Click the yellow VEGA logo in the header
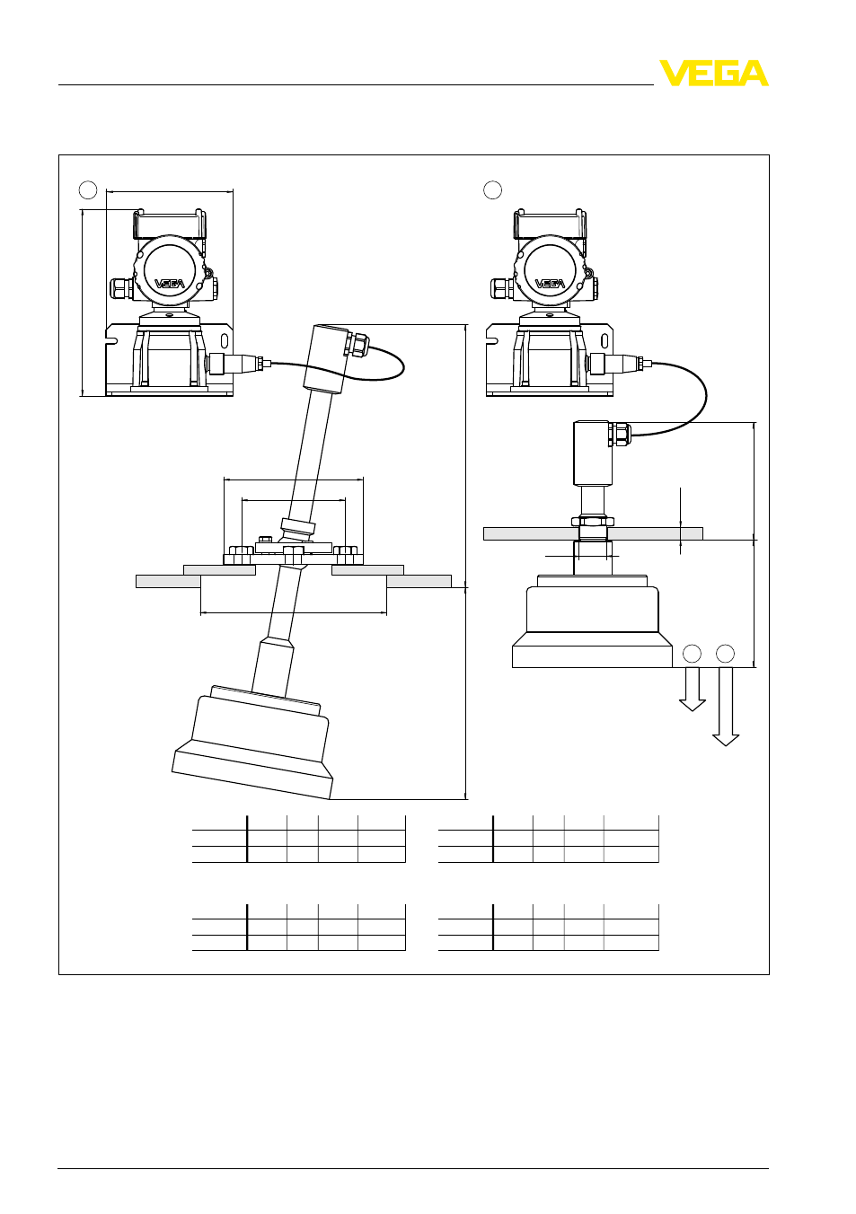[713, 73]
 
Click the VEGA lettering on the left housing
[170, 284]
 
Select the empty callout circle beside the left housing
[88, 190]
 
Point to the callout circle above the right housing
[492, 190]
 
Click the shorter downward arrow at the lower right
[693, 689]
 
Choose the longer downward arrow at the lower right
[726, 707]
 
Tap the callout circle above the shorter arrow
[692, 654]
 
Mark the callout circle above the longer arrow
[726, 654]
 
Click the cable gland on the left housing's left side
[121, 287]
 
